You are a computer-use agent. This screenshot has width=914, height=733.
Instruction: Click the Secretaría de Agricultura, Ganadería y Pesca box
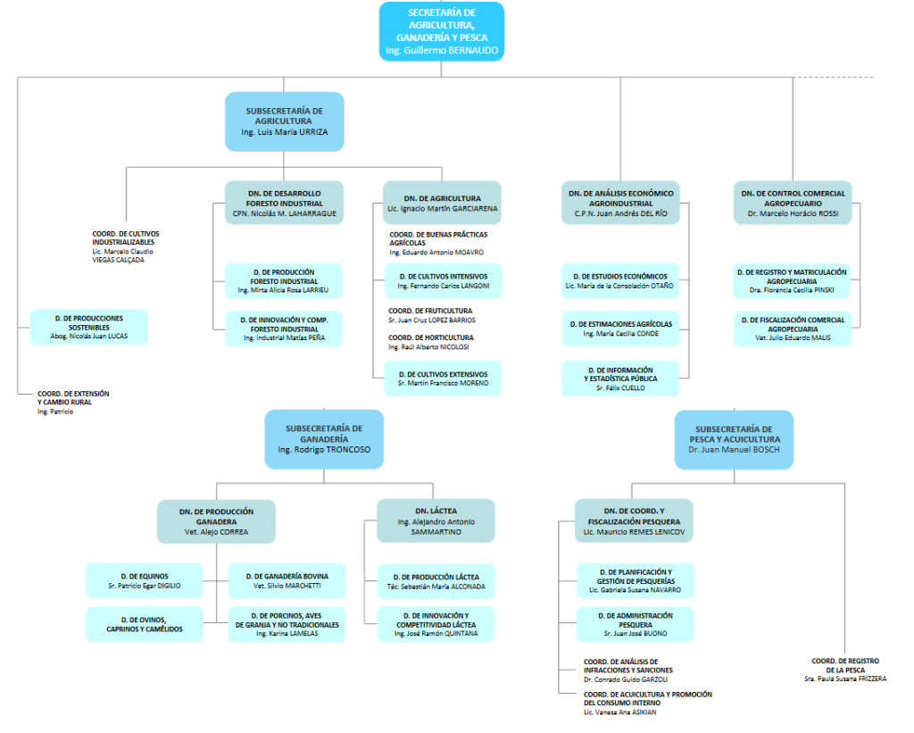point(441,31)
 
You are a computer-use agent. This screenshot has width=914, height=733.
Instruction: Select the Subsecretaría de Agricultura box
point(284,121)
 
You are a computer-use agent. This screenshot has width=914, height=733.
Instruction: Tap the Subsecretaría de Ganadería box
point(324,438)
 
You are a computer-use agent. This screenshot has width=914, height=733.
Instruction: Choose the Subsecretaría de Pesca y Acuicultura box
point(734,439)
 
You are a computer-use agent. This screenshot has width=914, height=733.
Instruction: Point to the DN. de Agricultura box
point(442,203)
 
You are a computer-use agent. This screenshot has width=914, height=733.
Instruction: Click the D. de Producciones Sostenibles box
point(88,327)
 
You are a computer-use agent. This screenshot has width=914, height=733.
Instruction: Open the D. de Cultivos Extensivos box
point(443,378)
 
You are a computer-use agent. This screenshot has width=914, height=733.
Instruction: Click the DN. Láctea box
point(436,521)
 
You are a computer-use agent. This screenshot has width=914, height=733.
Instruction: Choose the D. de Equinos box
point(144,580)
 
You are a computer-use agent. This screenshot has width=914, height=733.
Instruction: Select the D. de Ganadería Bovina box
point(286,580)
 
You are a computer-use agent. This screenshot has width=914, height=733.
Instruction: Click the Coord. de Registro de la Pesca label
point(844,665)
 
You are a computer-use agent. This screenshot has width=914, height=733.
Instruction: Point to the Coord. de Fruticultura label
point(430,311)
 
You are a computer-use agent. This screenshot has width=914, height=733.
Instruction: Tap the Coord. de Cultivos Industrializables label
point(126,238)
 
